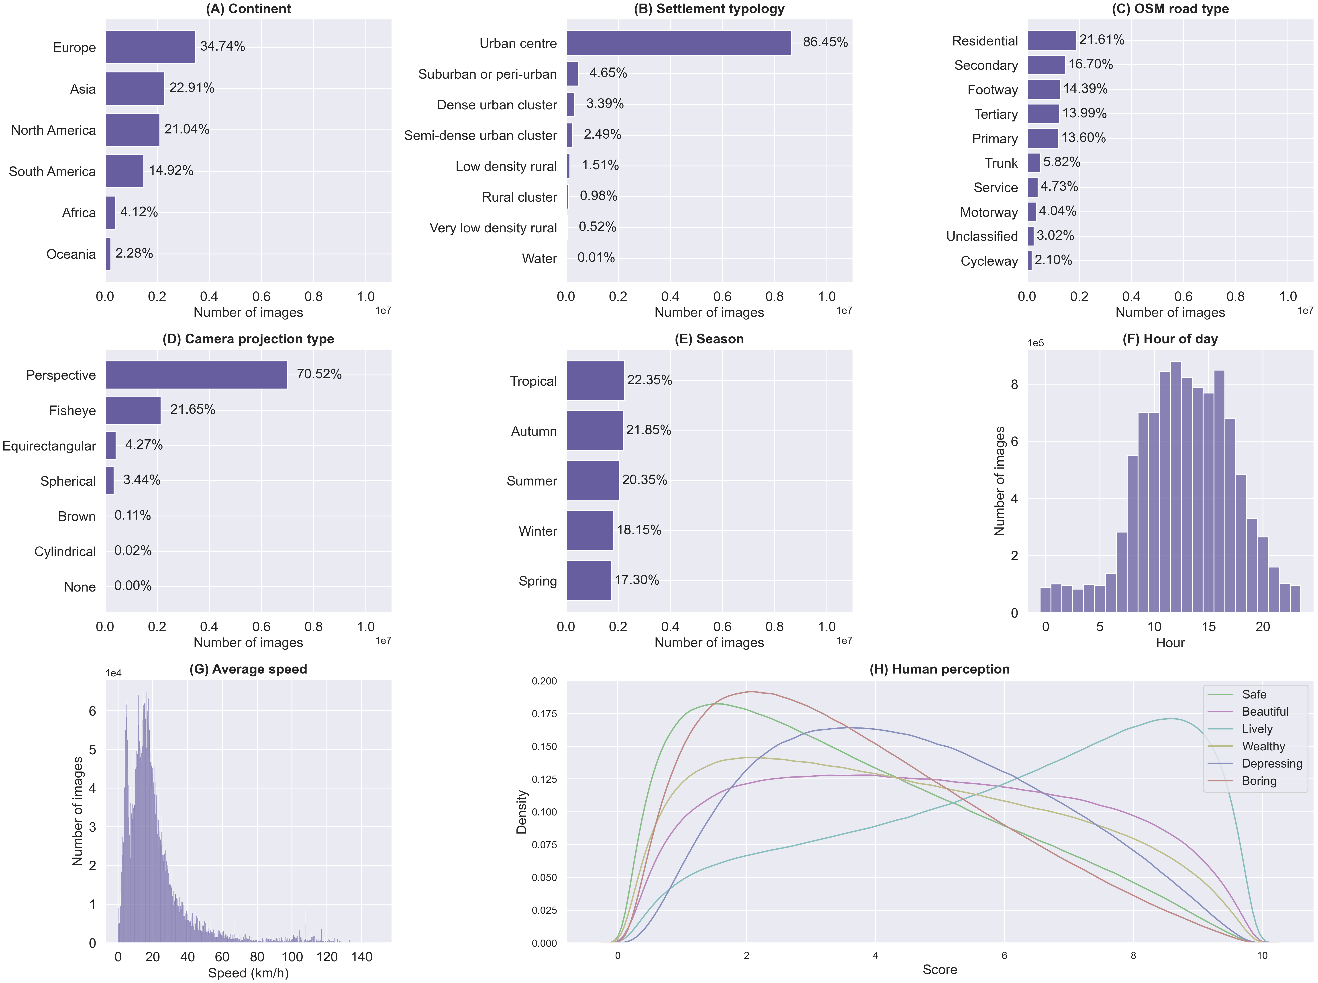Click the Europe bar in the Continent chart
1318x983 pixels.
[x=151, y=47]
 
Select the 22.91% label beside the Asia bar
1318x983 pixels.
[x=192, y=88]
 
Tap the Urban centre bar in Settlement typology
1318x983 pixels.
[x=678, y=43]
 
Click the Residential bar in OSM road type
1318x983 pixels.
[x=1052, y=41]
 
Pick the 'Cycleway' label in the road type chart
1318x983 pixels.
[x=989, y=261]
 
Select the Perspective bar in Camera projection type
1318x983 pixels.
[x=196, y=375]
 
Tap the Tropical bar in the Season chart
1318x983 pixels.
[x=595, y=381]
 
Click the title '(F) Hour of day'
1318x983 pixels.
[x=1170, y=339]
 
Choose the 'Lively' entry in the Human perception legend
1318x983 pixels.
[x=1257, y=729]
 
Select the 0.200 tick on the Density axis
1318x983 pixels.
[x=544, y=681]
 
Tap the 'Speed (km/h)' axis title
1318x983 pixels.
[x=248, y=973]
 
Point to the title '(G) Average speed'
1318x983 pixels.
[x=248, y=670]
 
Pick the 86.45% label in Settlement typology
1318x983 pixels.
[x=825, y=42]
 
